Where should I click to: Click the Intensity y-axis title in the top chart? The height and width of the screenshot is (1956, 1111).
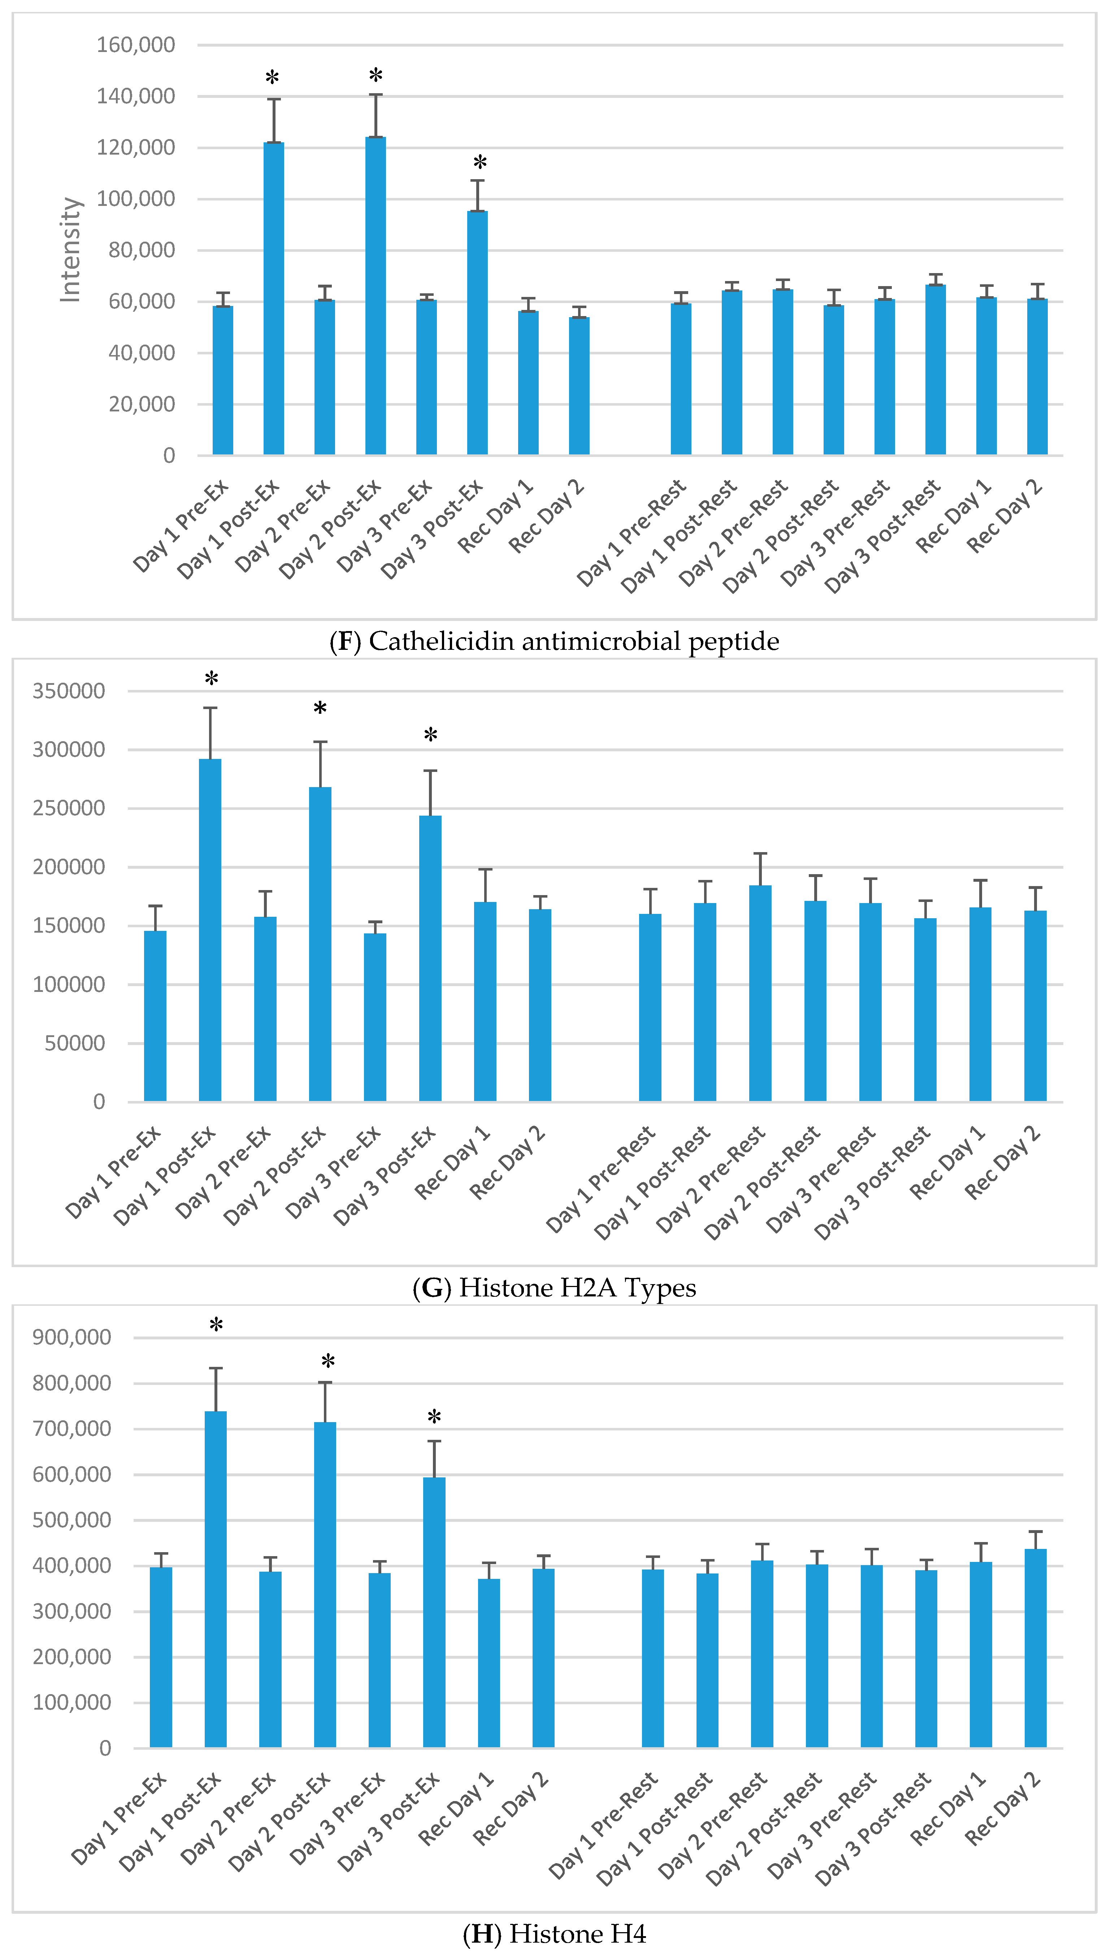click(70, 250)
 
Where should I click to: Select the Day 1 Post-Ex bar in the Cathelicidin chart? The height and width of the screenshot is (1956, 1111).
click(273, 298)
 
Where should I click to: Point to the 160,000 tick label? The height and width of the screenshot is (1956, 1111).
click(135, 45)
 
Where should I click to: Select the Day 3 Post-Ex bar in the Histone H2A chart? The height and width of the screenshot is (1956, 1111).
click(430, 958)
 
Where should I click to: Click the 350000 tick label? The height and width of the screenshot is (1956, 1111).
click(69, 691)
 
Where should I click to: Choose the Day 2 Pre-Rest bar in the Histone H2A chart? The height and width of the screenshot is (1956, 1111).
click(760, 992)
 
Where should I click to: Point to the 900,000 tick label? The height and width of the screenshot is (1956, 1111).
click(72, 1337)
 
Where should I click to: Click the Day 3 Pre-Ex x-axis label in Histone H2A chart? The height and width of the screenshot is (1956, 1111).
click(334, 1171)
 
